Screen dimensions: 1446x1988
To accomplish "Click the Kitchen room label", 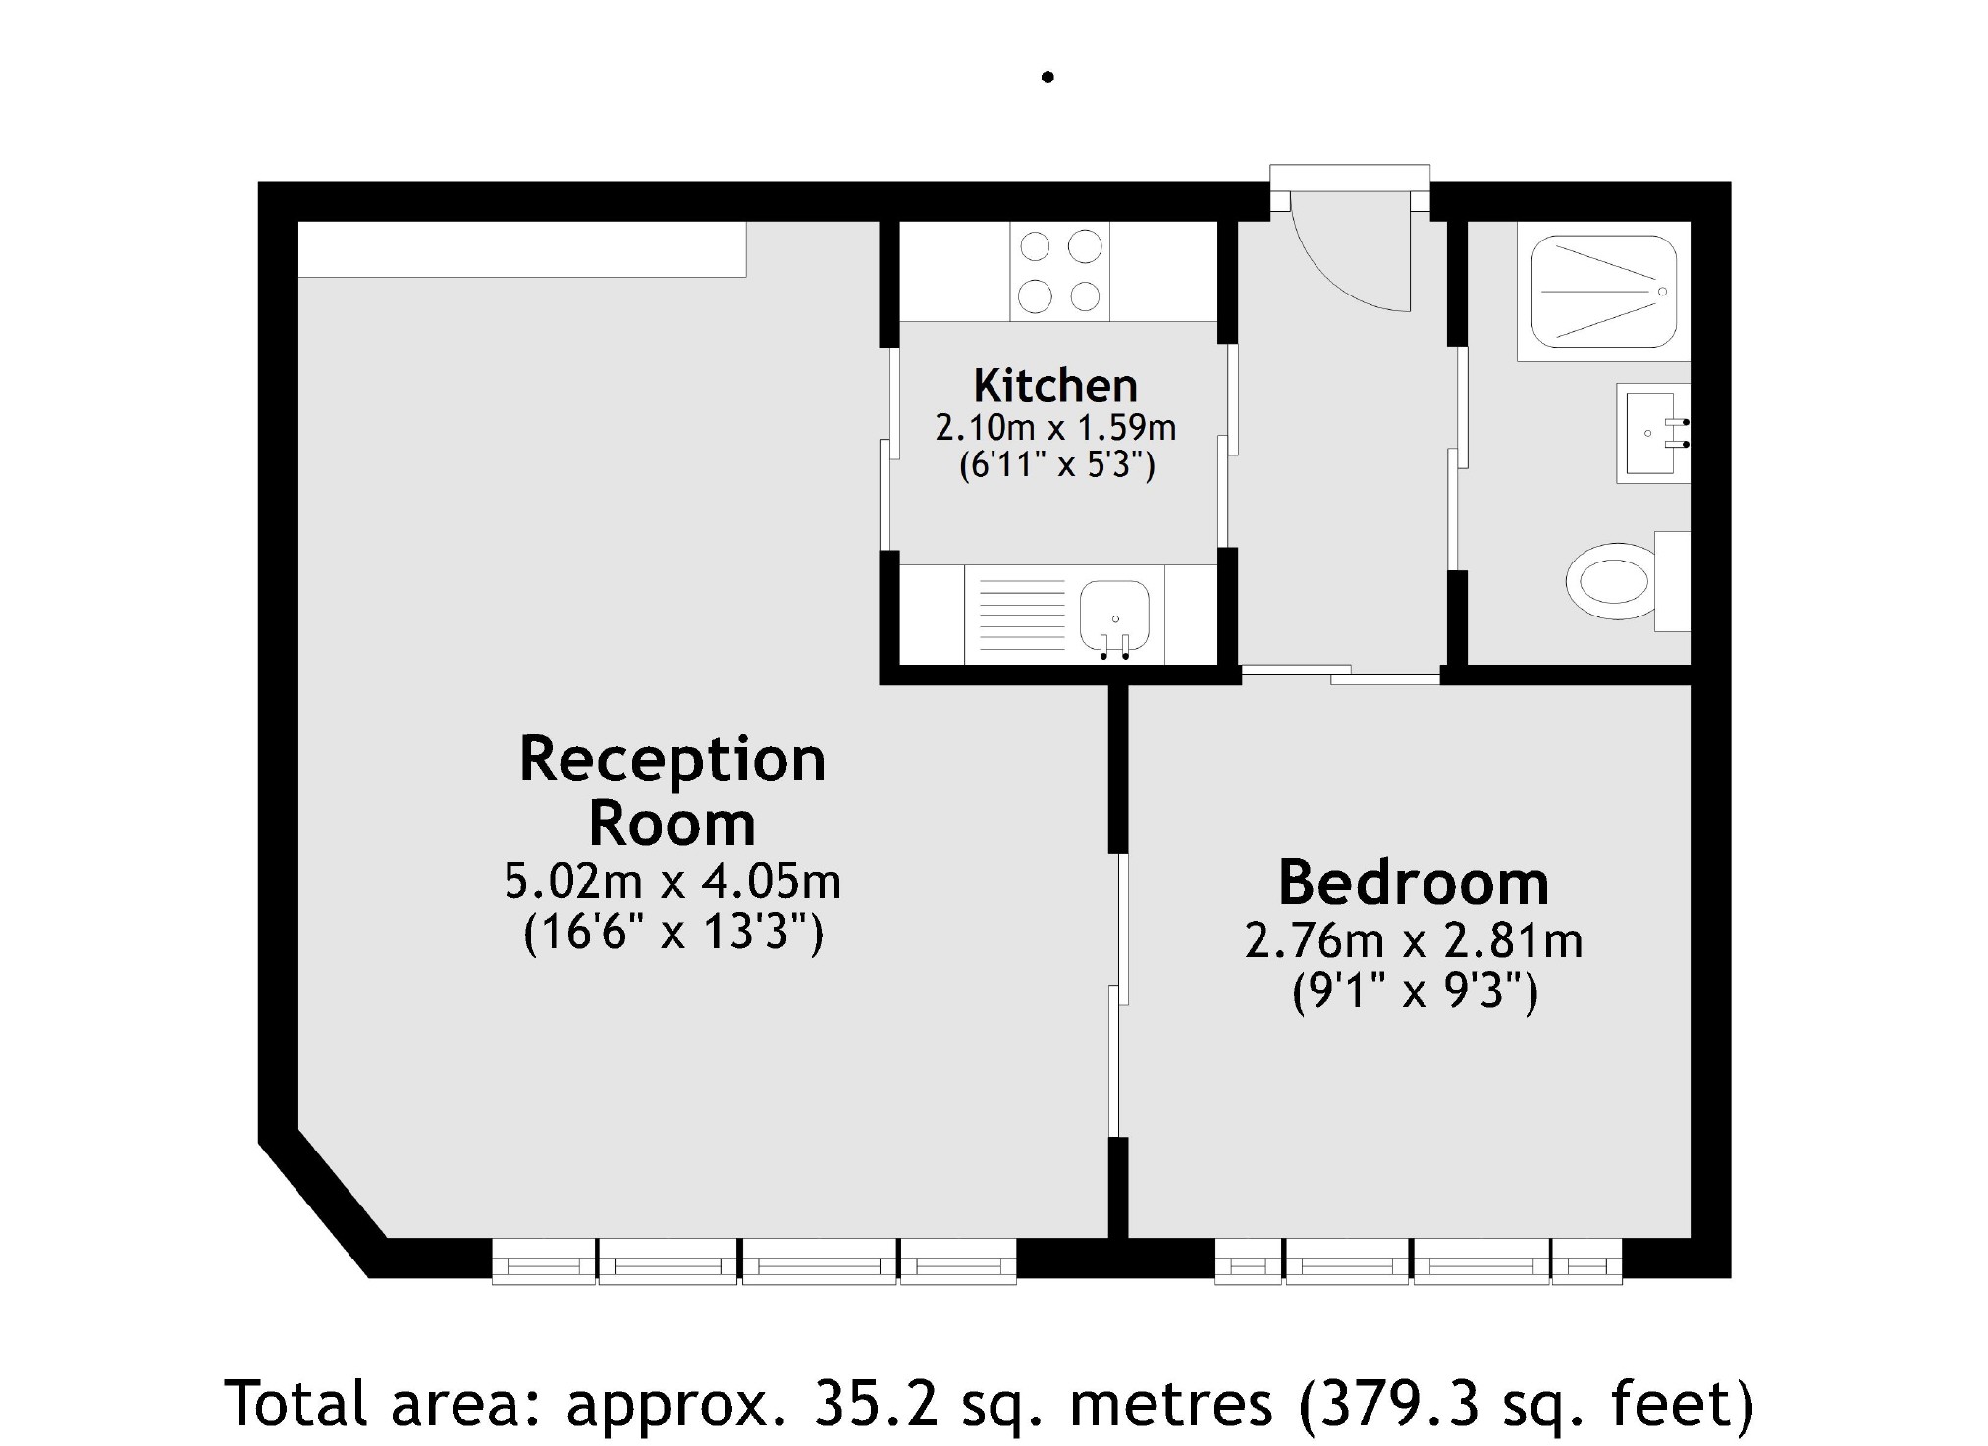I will pos(1055,386).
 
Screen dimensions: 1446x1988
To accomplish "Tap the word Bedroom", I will pos(1413,883).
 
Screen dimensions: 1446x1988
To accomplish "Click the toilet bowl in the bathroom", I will pos(1608,581).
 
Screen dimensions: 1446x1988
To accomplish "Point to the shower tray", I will pos(1603,292).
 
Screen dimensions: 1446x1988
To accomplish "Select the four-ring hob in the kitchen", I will pos(1059,271).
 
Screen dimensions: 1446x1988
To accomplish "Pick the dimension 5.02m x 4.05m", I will pos(672,882).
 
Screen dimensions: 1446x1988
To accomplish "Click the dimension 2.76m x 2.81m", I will pos(1413,941).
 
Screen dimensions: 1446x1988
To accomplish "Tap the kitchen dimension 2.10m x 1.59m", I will pos(1055,428).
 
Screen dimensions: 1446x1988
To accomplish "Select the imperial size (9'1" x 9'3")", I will pos(1413,992).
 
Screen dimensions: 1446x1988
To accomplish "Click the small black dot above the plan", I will pos(1048,77).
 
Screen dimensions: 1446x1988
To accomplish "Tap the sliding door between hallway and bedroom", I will pos(1339,675).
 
